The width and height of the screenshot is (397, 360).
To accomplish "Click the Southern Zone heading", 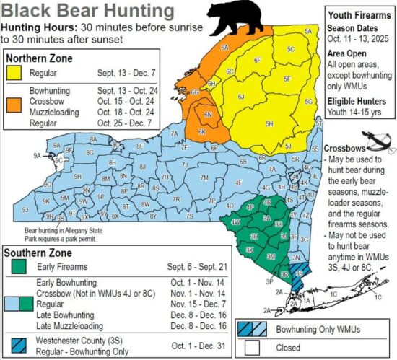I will coord(38,253).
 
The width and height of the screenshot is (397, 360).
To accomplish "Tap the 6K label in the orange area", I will coord(203,132).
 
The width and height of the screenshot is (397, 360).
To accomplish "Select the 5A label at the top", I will coord(308,31).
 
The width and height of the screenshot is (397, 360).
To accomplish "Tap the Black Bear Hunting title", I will coord(88,12).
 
